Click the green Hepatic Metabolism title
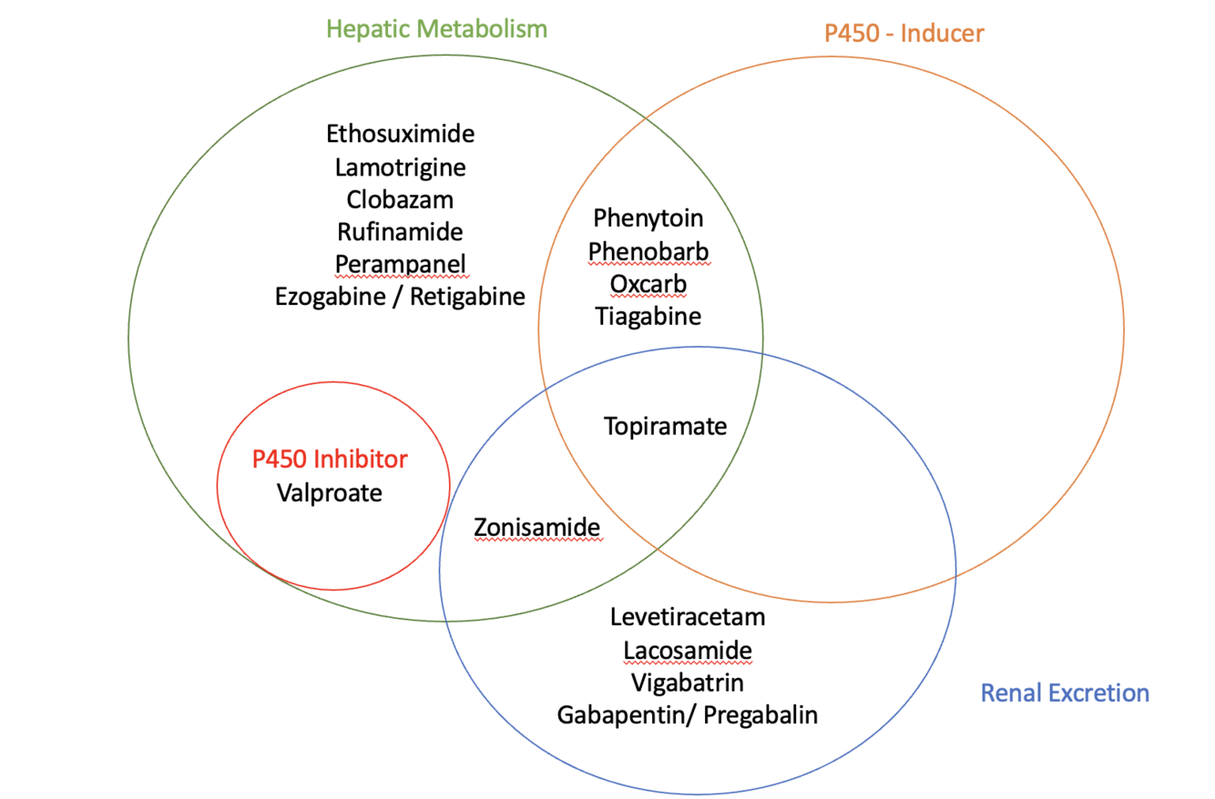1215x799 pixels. click(437, 29)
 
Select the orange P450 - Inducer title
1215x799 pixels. click(904, 34)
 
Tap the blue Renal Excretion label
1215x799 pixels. click(1064, 693)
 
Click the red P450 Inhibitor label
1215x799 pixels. click(330, 459)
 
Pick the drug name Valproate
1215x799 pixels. click(330, 493)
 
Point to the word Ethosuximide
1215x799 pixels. click(401, 134)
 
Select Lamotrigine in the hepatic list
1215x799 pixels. click(401, 167)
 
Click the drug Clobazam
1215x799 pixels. click(401, 199)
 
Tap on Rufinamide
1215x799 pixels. click(401, 231)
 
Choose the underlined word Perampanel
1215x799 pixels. click(401, 264)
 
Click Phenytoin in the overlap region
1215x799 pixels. click(648, 218)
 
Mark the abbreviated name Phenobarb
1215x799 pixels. click(648, 251)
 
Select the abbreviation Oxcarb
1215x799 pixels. click(648, 284)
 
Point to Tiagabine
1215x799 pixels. click(648, 317)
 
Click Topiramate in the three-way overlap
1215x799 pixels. click(666, 426)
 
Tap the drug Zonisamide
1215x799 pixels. click(537, 527)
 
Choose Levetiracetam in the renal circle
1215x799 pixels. click(689, 617)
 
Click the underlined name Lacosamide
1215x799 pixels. click(689, 650)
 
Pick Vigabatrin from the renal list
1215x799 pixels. click(689, 682)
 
